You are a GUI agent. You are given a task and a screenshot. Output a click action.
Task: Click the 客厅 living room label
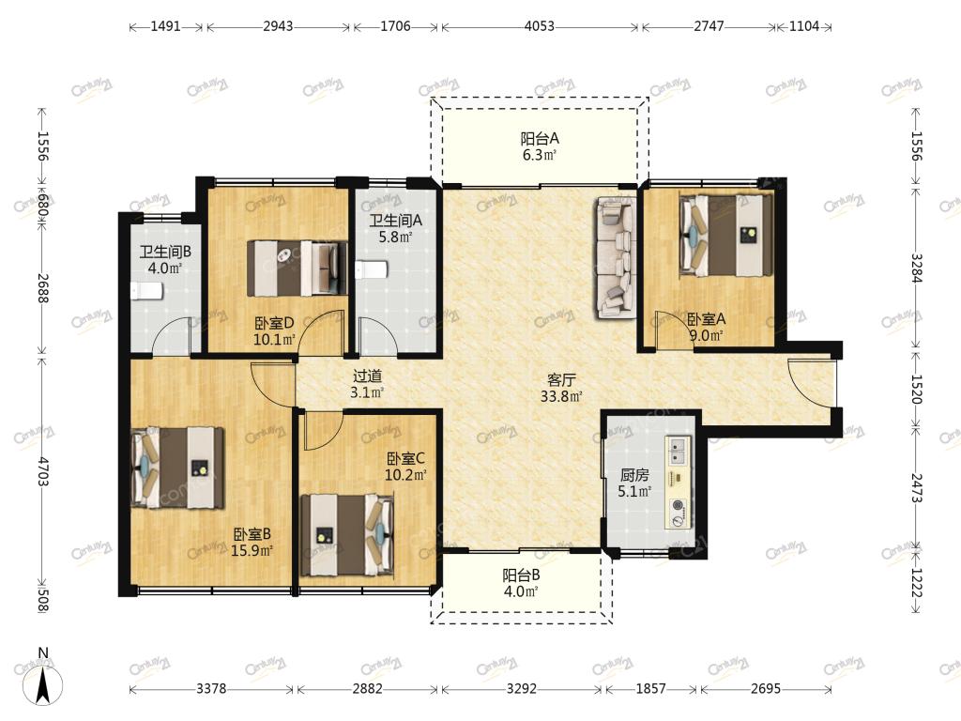tap(561, 380)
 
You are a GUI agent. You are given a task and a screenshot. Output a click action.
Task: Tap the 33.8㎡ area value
tap(561, 397)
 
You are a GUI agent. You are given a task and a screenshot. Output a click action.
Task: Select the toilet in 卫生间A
tap(372, 269)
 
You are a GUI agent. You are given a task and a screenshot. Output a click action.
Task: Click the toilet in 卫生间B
tap(146, 291)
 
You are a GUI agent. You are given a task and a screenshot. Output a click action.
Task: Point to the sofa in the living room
tap(616, 257)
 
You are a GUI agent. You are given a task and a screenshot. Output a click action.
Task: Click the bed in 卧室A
tap(726, 236)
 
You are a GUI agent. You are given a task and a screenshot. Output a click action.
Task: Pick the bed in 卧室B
tap(177, 468)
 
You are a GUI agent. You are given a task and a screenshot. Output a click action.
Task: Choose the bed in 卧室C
tap(347, 534)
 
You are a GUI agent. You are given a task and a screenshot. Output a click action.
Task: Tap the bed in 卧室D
tap(297, 268)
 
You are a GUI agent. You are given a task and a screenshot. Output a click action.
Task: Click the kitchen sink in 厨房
tap(678, 450)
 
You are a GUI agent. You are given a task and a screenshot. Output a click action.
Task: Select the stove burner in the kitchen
tap(678, 505)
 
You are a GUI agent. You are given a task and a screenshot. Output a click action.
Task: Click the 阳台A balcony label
tap(540, 139)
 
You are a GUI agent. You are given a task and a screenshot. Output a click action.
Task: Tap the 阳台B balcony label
tap(521, 575)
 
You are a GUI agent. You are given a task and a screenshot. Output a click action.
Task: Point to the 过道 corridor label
tap(367, 376)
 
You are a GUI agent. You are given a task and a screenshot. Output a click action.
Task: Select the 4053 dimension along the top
tap(540, 26)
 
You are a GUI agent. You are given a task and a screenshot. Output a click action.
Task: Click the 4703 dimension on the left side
tap(42, 471)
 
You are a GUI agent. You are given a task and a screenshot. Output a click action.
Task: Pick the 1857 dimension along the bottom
tap(650, 688)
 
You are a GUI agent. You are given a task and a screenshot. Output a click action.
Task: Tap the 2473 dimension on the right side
tap(916, 488)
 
